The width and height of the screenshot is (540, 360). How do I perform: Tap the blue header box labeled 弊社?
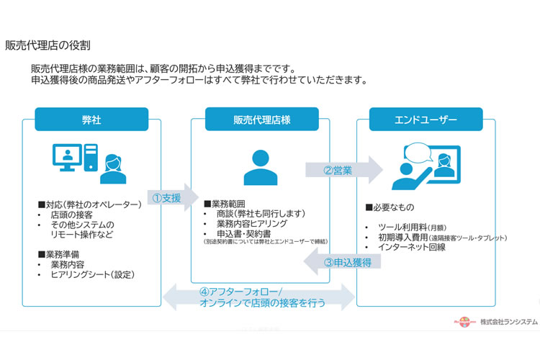[91, 119]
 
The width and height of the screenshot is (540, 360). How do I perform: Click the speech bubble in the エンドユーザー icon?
[420, 152]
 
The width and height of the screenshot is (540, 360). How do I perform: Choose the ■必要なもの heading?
[390, 207]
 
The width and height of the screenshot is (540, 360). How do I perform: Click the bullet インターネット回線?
[415, 247]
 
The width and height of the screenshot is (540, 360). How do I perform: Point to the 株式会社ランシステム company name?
[508, 322]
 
